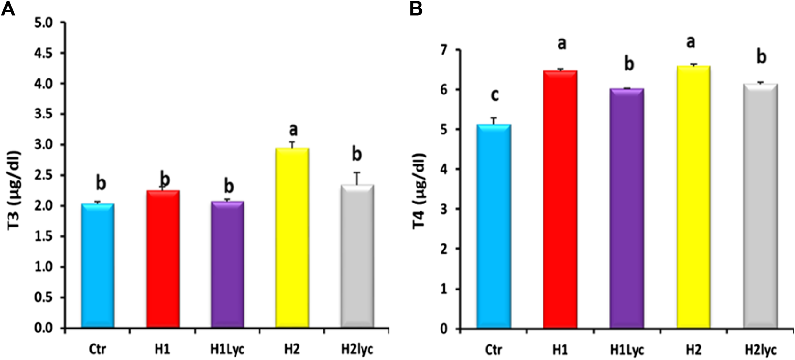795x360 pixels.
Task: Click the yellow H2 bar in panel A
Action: [x=292, y=237]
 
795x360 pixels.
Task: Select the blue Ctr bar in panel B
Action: [x=493, y=226]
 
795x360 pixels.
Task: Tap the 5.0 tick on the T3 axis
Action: [x=46, y=23]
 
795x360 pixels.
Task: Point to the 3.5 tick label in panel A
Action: [x=46, y=114]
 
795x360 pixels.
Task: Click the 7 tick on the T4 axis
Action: [x=444, y=50]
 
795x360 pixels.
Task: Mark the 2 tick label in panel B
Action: [x=444, y=249]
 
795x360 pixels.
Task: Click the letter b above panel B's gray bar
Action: [x=762, y=58]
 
